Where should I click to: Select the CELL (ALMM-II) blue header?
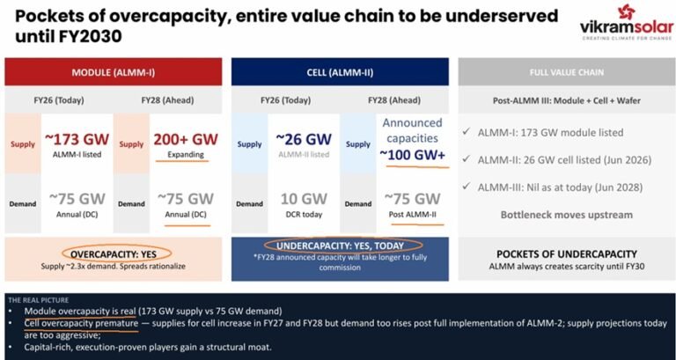[338, 70]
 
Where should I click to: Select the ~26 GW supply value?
[304, 139]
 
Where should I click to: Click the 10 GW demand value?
[304, 198]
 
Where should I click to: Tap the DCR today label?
[304, 214]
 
